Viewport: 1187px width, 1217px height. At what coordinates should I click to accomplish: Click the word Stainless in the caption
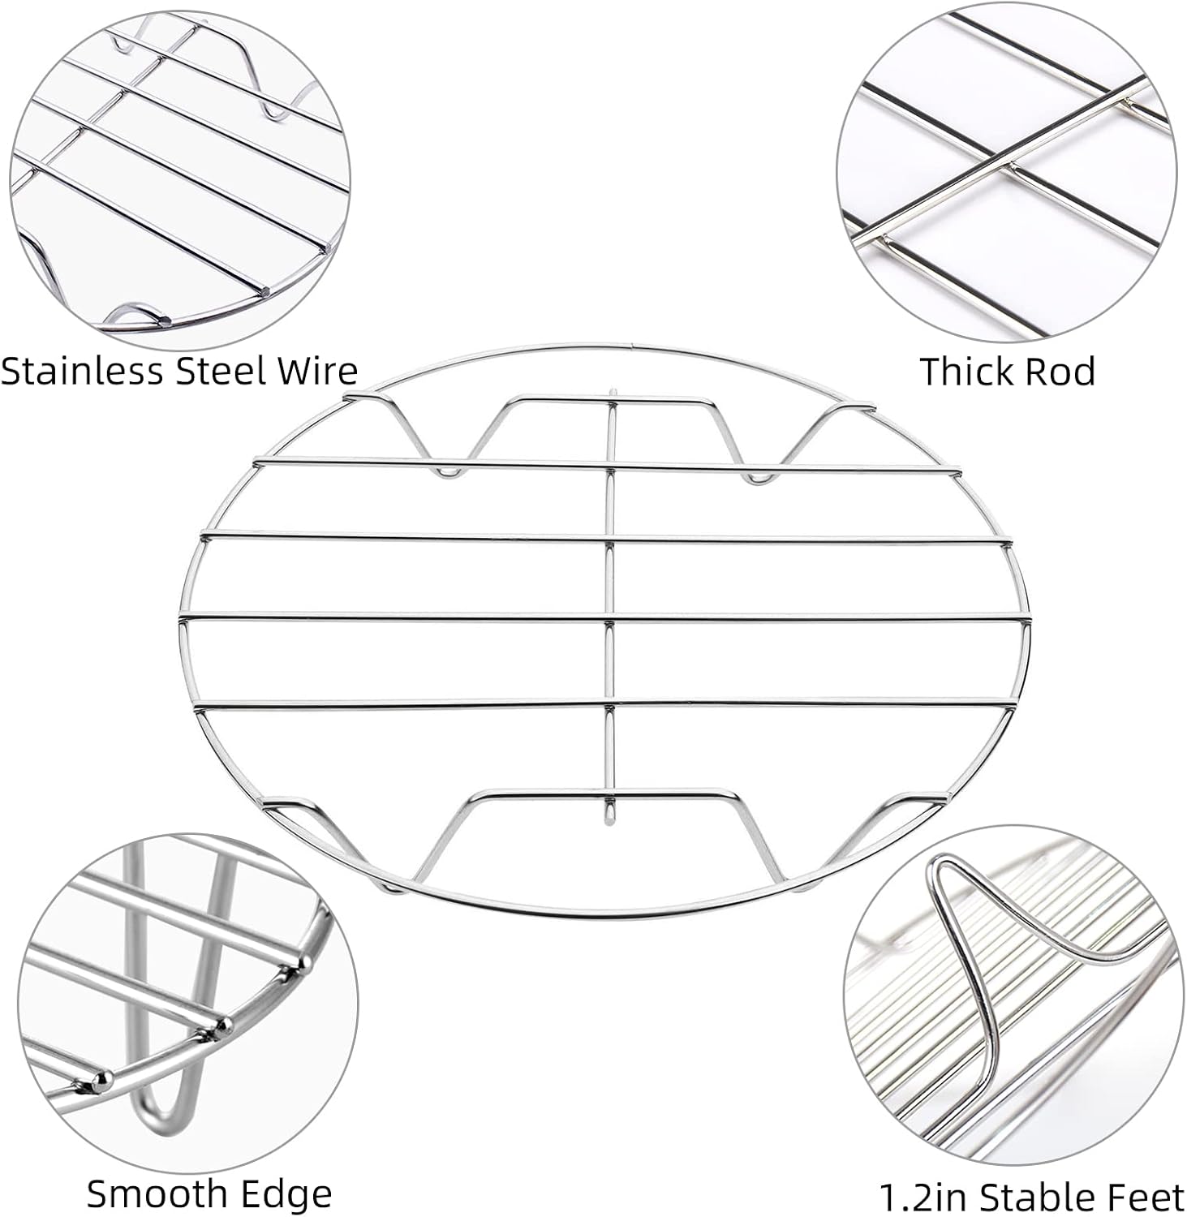[x=81, y=371]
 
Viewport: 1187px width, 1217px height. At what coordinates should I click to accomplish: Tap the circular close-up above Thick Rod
[x=1006, y=173]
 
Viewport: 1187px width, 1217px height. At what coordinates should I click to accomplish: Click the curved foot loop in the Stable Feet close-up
[x=974, y=957]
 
